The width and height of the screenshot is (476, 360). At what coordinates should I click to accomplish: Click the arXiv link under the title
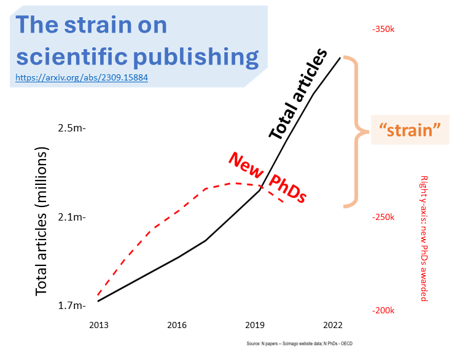pyautogui.click(x=82, y=78)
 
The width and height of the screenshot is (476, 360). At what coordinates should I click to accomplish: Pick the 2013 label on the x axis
pyautogui.click(x=98, y=325)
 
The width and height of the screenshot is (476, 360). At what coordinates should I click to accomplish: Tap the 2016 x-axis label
pyautogui.click(x=177, y=325)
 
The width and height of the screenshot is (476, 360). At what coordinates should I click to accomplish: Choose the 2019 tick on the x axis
pyautogui.click(x=255, y=325)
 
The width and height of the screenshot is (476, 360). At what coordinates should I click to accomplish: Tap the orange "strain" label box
pyautogui.click(x=410, y=130)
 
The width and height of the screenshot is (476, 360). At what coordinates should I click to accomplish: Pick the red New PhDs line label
pyautogui.click(x=268, y=178)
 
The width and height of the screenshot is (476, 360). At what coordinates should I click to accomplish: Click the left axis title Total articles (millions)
pyautogui.click(x=41, y=221)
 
